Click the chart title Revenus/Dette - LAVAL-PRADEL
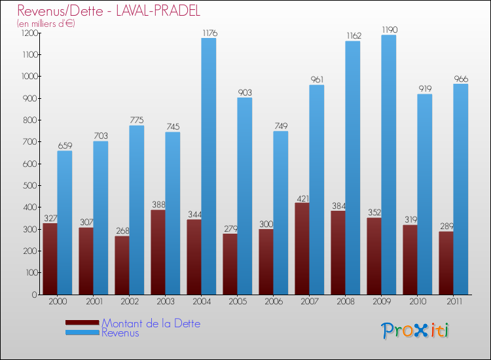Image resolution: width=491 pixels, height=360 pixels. [x=109, y=11]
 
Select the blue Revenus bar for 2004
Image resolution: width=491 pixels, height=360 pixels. [x=208, y=166]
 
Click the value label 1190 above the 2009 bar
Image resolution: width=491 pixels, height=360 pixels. [x=388, y=29]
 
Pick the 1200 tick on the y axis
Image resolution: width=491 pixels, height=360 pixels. [x=29, y=33]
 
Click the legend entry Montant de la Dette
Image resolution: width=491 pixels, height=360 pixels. [x=151, y=323]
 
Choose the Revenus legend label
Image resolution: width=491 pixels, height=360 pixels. [x=120, y=333]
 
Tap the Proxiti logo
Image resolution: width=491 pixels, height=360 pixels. [x=415, y=331]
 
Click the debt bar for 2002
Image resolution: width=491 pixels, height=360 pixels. [x=122, y=265]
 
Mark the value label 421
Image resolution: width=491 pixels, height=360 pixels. [x=302, y=198]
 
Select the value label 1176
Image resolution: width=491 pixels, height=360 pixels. [x=209, y=33]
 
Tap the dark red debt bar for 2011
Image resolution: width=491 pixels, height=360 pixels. [x=446, y=263]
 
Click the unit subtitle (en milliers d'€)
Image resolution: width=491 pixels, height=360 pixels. [x=46, y=24]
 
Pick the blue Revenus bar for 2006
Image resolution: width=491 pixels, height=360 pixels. [x=280, y=213]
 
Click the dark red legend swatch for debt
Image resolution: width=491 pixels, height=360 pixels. [x=82, y=322]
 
